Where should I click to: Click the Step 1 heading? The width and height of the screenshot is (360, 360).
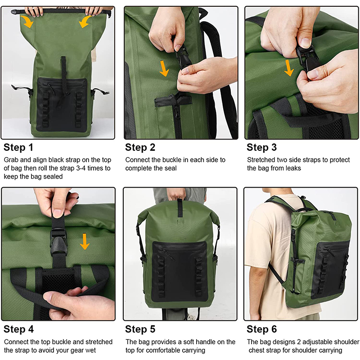[18, 148]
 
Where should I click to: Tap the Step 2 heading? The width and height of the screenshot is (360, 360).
[140, 148]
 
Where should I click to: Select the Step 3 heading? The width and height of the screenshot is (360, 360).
[261, 148]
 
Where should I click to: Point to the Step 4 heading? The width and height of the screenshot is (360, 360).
[18, 329]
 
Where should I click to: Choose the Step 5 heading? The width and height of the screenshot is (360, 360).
[140, 329]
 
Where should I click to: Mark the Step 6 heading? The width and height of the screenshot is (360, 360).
[261, 329]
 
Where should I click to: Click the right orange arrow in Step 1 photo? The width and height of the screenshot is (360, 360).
[85, 22]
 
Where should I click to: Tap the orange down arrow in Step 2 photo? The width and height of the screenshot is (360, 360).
[164, 68]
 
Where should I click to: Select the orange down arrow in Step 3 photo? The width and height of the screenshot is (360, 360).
[289, 68]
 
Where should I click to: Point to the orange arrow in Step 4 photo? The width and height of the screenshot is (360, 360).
[85, 242]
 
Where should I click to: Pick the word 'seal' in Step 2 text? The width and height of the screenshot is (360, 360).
[171, 168]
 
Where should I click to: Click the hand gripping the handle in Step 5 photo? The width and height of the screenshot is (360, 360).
[176, 193]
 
